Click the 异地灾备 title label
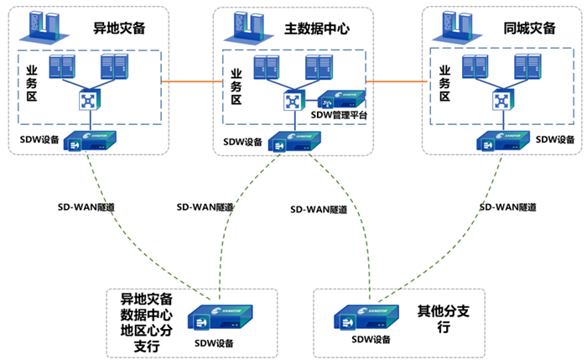point(120,28)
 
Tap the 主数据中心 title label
point(318,28)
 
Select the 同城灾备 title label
point(529,28)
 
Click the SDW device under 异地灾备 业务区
point(88,140)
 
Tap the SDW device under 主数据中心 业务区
point(292,141)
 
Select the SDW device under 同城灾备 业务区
point(501,140)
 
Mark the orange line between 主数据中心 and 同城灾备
point(395,81)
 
